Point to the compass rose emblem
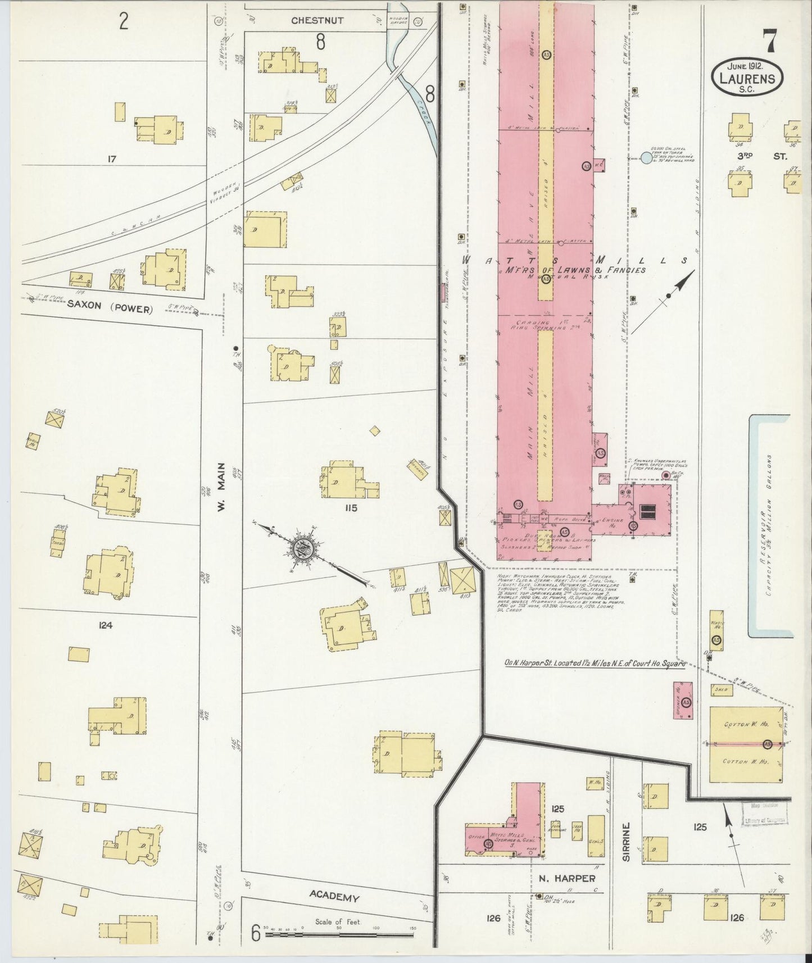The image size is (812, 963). [303, 548]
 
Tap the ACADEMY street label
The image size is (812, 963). [333, 898]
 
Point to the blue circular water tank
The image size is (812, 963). [646, 159]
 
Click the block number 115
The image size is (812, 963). [352, 508]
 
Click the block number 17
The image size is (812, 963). [111, 160]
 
